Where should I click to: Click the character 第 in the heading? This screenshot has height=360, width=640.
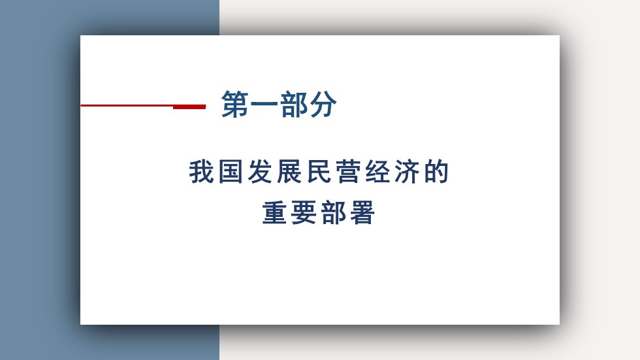point(235,105)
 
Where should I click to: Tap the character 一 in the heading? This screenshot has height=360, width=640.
point(264,105)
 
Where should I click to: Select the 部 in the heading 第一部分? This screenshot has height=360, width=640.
point(294,105)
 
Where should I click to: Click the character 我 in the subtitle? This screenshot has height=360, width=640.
point(202,171)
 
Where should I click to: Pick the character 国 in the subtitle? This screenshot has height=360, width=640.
point(231,171)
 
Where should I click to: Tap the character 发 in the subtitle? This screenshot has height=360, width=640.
point(261,171)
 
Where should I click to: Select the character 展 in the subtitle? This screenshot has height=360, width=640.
point(290,171)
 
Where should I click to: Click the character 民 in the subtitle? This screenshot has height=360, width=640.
point(319,171)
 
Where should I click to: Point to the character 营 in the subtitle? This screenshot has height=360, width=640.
point(349,171)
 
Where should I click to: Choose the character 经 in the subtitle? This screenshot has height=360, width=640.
point(378,171)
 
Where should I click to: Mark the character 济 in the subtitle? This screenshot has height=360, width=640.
point(408,171)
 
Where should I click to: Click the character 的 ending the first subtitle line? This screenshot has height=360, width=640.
point(436,171)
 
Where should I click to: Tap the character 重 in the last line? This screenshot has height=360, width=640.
point(275,212)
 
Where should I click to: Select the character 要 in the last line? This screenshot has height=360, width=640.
point(304,212)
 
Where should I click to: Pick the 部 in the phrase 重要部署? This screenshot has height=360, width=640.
point(334,212)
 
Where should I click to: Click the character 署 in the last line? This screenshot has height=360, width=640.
point(362,212)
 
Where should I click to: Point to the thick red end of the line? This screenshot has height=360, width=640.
point(189,107)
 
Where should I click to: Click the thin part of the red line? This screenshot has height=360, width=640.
point(127,105)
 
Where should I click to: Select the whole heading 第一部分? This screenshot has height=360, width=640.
point(280,105)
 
